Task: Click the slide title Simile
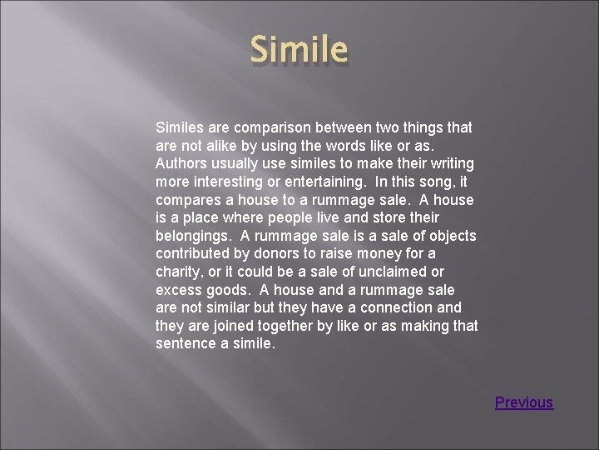(x=299, y=50)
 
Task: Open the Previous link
(x=523, y=402)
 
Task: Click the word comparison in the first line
(x=275, y=127)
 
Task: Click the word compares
(x=188, y=200)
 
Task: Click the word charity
(x=179, y=272)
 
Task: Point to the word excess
(x=179, y=290)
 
